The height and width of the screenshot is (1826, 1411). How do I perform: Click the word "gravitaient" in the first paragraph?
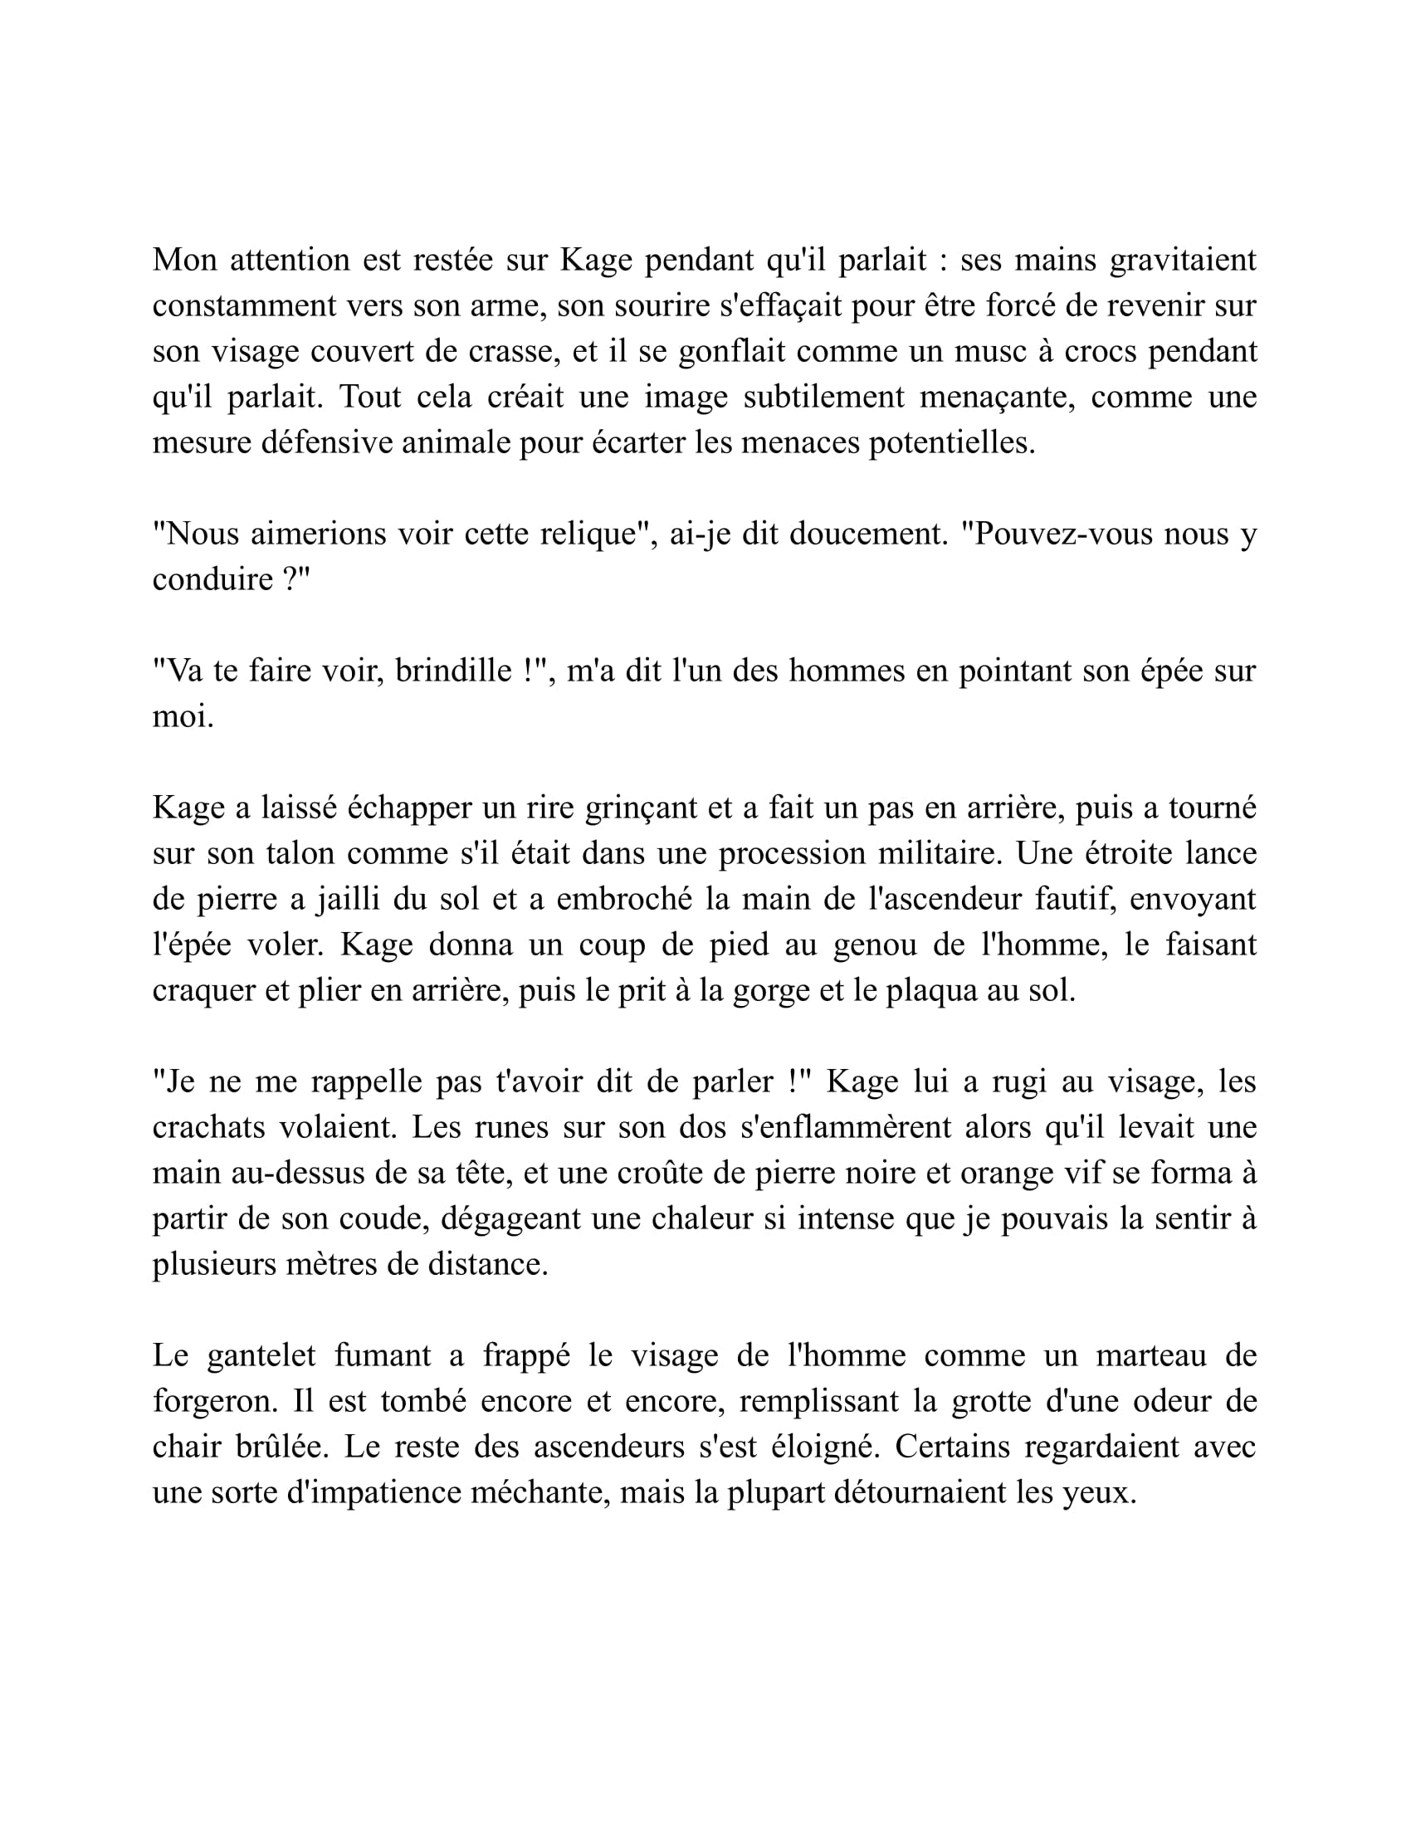point(1182,260)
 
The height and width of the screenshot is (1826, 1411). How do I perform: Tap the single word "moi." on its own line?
point(183,716)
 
